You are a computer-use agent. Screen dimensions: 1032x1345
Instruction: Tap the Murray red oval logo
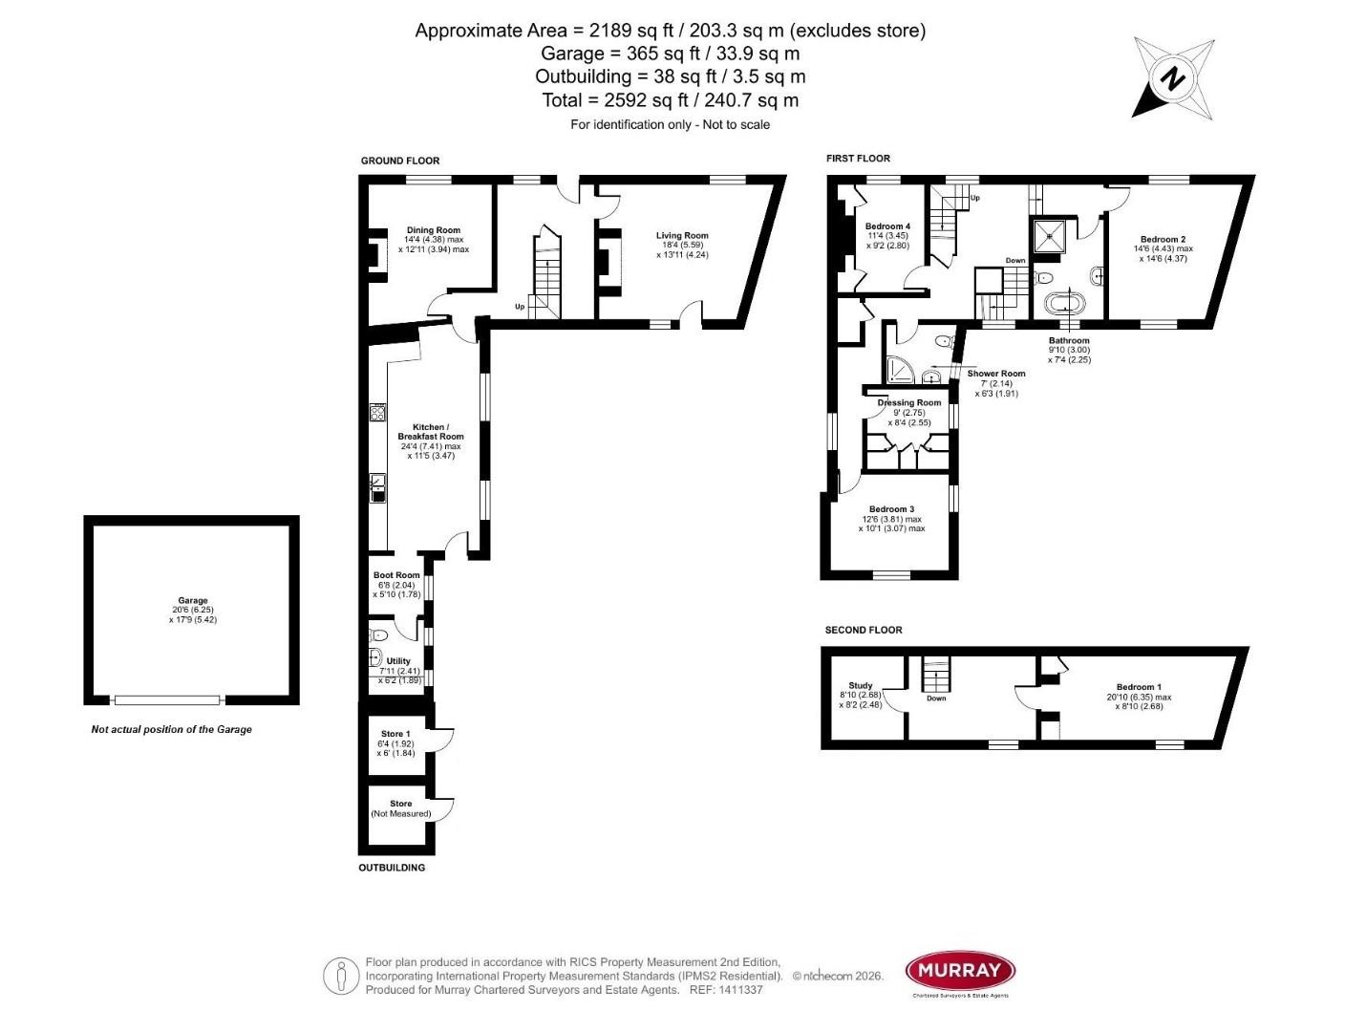(959, 973)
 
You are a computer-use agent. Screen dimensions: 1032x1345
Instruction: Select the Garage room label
(192, 601)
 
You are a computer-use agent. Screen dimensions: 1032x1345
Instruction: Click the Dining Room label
(434, 230)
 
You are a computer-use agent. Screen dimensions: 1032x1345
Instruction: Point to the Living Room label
(682, 236)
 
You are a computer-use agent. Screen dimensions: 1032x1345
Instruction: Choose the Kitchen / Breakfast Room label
(431, 432)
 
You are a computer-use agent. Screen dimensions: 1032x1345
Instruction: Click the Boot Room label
(396, 575)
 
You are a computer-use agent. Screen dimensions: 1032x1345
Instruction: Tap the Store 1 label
(395, 734)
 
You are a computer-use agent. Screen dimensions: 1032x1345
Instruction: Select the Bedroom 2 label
(1163, 240)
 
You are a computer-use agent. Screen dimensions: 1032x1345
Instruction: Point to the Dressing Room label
(909, 403)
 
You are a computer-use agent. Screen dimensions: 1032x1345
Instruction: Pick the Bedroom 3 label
(891, 509)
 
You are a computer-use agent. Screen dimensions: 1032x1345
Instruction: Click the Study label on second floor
(861, 685)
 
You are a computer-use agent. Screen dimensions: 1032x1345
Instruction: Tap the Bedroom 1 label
(1139, 687)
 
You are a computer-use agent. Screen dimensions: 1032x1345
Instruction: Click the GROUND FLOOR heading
(400, 161)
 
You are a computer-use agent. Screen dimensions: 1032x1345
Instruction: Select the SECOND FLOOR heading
(864, 631)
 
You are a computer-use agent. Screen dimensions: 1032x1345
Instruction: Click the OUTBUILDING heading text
(392, 868)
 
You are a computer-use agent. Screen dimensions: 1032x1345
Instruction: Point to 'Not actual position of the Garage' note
(172, 729)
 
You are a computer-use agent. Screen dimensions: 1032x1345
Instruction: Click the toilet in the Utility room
(380, 635)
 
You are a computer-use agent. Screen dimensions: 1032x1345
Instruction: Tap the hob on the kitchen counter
(377, 414)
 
